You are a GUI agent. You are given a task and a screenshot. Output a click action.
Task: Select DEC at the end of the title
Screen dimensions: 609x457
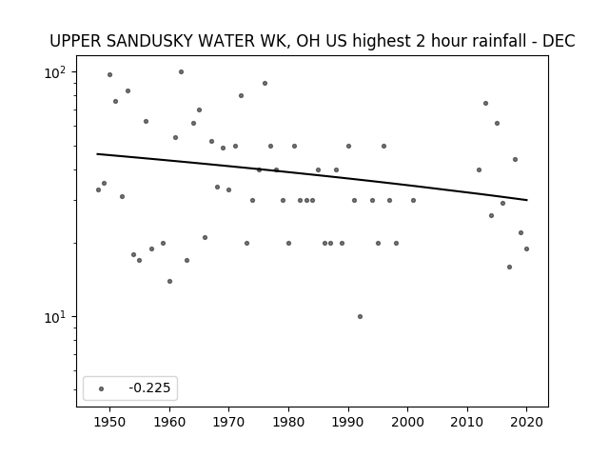click(559, 41)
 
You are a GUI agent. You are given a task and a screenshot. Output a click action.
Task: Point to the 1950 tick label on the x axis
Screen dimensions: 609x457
click(110, 422)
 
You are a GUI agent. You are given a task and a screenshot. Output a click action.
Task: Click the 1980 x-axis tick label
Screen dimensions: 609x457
click(288, 422)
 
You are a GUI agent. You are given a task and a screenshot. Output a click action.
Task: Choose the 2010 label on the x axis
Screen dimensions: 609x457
click(467, 422)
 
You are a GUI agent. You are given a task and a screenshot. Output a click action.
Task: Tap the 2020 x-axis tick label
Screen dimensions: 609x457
click(526, 422)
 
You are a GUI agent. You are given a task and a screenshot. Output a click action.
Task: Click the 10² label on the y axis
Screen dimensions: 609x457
click(55, 72)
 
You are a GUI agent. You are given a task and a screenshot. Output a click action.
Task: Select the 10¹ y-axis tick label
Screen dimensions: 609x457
click(55, 317)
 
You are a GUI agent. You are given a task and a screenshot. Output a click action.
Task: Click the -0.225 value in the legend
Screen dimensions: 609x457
click(149, 387)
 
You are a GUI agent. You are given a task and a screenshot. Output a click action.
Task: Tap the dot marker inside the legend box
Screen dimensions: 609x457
click(102, 388)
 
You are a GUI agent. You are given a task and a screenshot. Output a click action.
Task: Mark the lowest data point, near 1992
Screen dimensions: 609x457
click(360, 317)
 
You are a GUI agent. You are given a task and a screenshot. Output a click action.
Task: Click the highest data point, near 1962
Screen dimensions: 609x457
click(181, 72)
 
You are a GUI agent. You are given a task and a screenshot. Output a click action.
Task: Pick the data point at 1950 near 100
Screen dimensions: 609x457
click(110, 74)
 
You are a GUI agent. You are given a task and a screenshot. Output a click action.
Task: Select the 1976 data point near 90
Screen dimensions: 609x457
click(265, 83)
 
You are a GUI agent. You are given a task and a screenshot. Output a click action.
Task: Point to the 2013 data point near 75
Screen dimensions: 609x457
click(485, 104)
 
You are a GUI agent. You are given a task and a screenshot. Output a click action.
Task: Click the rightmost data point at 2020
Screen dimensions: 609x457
click(526, 249)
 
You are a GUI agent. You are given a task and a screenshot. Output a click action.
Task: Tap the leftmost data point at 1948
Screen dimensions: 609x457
click(98, 190)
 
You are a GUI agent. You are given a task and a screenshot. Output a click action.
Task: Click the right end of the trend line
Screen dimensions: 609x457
click(527, 200)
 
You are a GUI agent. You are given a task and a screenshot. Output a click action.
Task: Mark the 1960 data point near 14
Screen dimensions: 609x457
click(169, 282)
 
